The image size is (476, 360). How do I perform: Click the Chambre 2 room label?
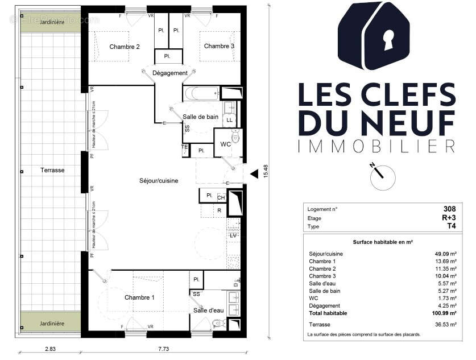coord(125,47)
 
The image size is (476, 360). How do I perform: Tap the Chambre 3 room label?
coord(219,46)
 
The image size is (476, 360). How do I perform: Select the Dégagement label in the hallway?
coord(170,73)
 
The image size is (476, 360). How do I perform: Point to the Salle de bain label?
coord(200,117)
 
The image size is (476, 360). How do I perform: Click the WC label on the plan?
coord(225,144)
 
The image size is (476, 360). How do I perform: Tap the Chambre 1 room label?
coord(139,297)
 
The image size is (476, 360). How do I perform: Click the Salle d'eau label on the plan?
coord(208,310)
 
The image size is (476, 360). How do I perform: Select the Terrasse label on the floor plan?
coord(52,170)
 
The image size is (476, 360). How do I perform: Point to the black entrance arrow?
coord(254,170)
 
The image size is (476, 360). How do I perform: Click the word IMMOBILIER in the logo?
coord(376,147)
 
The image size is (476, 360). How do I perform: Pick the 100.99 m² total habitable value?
coord(443,313)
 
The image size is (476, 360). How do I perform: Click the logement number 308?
coord(449,209)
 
